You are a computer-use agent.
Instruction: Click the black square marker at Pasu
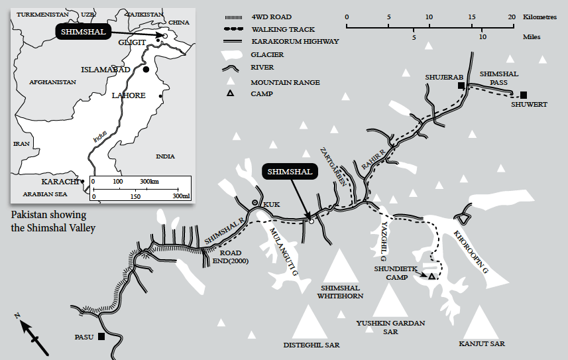click(x=101, y=337)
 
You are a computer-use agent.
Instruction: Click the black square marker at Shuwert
click(x=524, y=95)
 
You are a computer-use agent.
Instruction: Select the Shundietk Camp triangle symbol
click(x=431, y=276)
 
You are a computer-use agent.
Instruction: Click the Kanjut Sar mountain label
click(x=481, y=344)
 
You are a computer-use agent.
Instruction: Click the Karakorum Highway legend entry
click(x=294, y=41)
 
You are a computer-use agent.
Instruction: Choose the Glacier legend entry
click(x=267, y=54)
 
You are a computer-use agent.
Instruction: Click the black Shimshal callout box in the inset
click(x=82, y=32)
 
